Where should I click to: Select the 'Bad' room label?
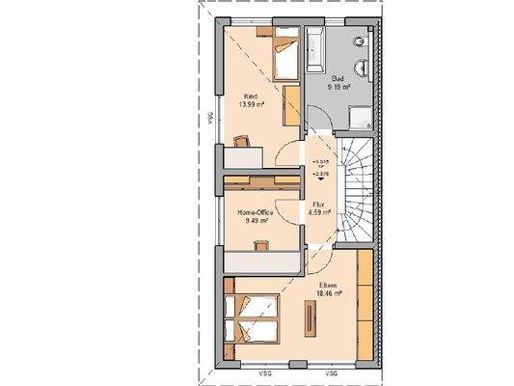tap(338, 78)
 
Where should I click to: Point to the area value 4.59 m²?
tap(319, 212)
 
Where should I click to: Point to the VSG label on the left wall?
tap(208, 118)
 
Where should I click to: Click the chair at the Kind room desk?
tap(240, 141)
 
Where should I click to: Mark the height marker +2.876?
tap(320, 171)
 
